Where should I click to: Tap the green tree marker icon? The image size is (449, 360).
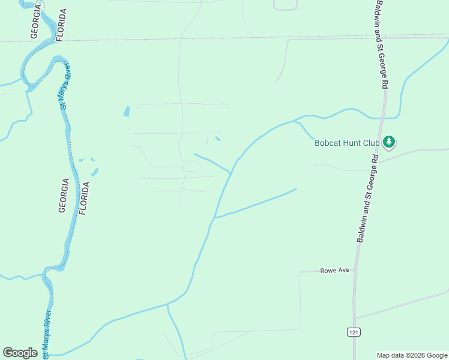390,142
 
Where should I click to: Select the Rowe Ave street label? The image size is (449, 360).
334,270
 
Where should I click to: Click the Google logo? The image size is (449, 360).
20,353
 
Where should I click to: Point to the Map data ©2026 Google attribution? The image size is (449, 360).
412,355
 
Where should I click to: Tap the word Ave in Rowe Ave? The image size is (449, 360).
343,270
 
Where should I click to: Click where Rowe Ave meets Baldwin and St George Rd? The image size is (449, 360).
357,271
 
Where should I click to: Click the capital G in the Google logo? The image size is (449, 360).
8,353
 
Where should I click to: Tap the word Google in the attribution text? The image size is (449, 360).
436,355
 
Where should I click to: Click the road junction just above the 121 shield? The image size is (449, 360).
355,317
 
